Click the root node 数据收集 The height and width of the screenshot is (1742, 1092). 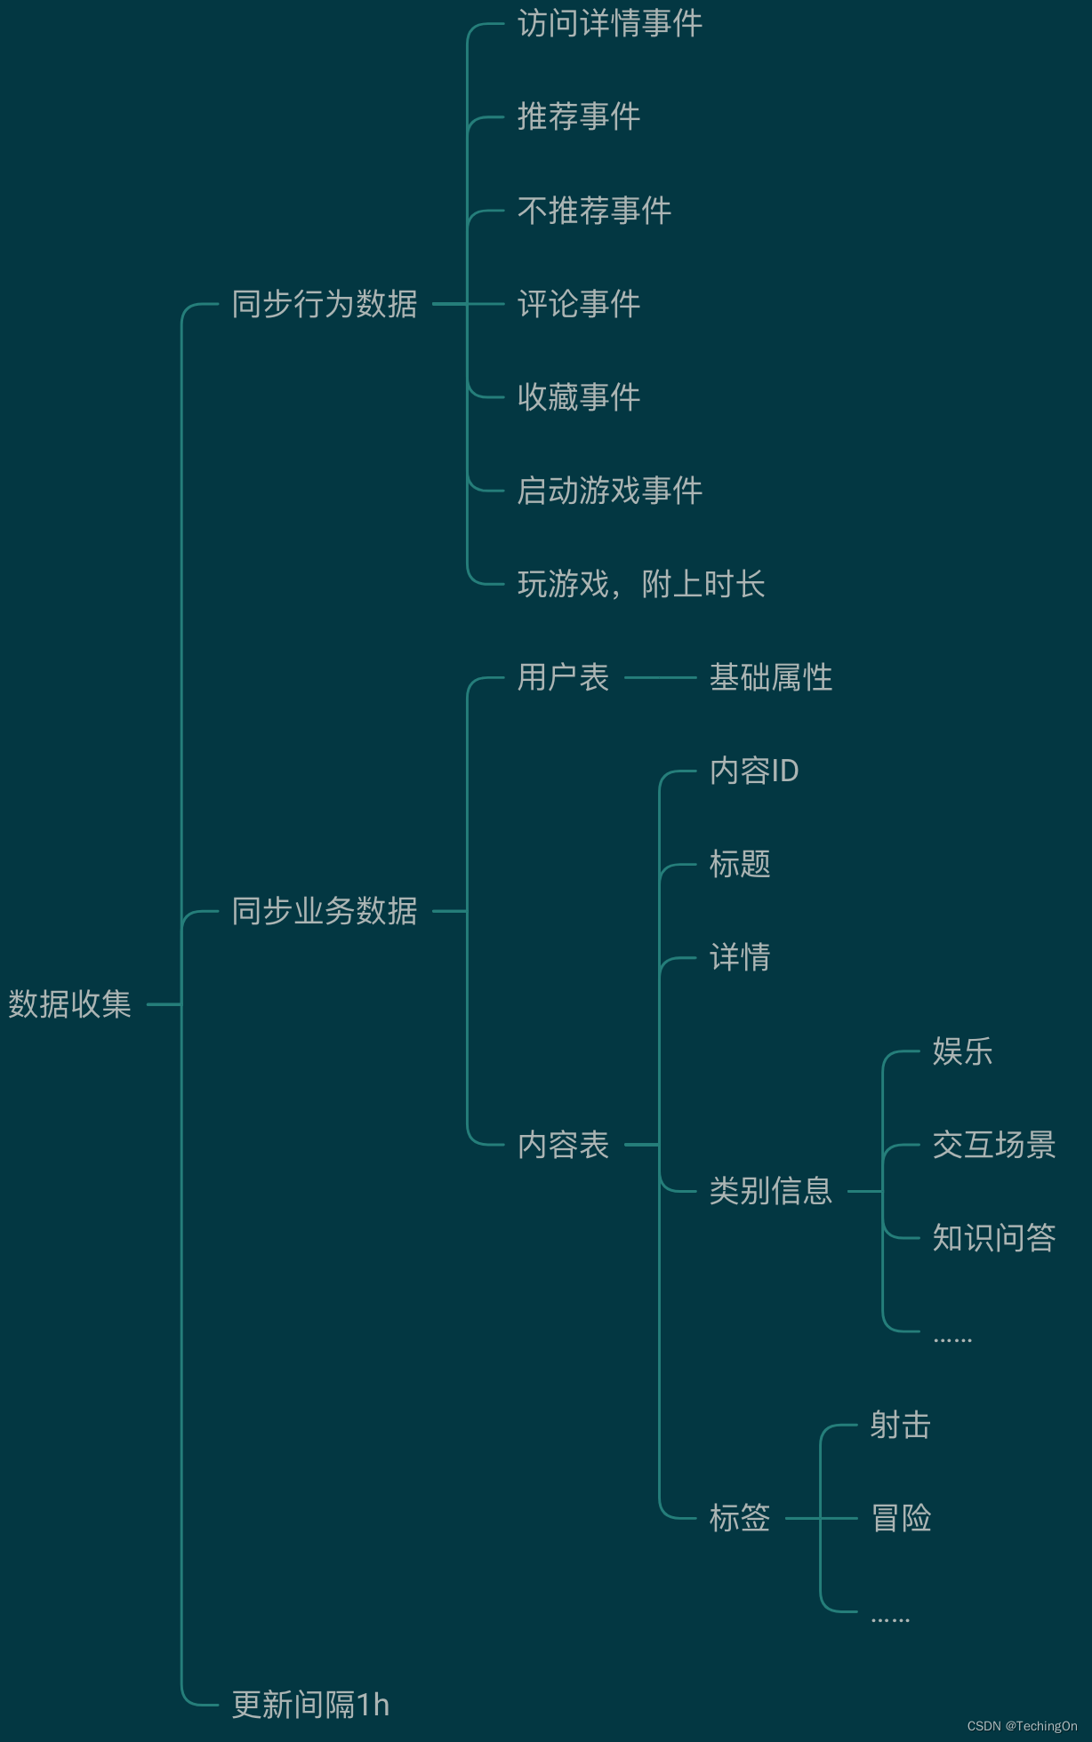(69, 1004)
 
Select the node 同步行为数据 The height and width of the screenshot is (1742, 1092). (325, 304)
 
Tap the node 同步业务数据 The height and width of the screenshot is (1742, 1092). (325, 911)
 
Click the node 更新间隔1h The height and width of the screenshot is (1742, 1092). (310, 1705)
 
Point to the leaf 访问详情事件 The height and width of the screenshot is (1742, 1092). (609, 24)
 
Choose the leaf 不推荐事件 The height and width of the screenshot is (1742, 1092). (594, 211)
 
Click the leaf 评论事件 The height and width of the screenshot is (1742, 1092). (578, 304)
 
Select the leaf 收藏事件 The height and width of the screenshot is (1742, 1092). (578, 397)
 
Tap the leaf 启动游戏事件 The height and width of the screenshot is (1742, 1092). (609, 491)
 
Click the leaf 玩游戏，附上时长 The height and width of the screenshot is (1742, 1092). (640, 584)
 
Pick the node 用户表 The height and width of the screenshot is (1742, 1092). (563, 677)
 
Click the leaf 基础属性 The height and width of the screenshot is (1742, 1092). (770, 677)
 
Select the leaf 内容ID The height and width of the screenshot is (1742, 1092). (753, 771)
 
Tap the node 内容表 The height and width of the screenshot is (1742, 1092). (563, 1145)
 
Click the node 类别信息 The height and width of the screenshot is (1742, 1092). (770, 1191)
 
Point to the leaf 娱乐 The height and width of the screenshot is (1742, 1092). (962, 1051)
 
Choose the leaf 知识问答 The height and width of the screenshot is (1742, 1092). (993, 1238)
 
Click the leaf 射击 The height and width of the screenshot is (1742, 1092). (900, 1425)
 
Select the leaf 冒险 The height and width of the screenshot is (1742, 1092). (900, 1518)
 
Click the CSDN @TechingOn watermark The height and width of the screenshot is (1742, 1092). (1022, 1726)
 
